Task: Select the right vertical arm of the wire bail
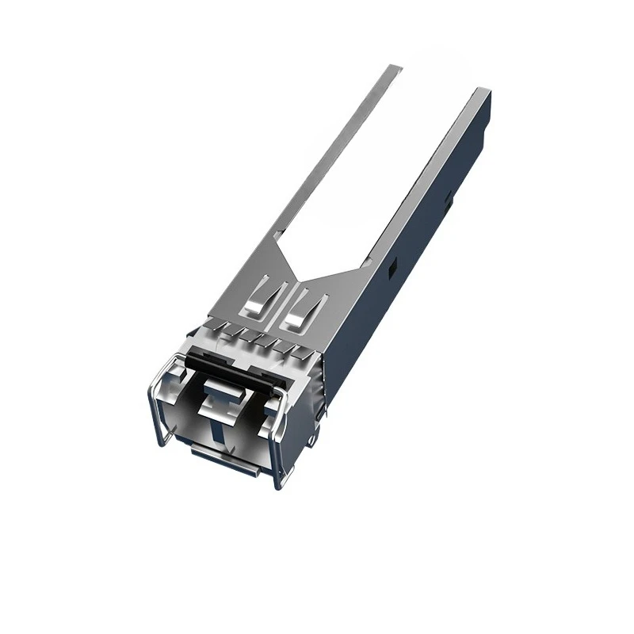point(278,453)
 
